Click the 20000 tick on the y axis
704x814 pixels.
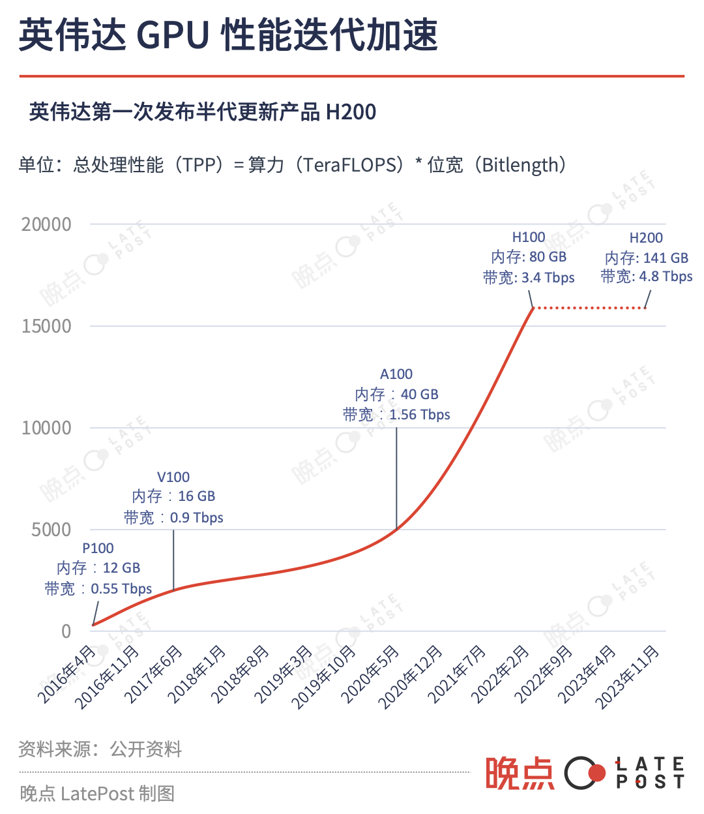tap(46, 224)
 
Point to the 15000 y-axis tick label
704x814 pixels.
tap(46, 326)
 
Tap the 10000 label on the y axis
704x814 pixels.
tap(46, 428)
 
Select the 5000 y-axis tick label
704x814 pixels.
tap(51, 530)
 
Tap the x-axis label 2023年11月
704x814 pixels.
tap(627, 677)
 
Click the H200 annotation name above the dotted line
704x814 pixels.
tap(646, 238)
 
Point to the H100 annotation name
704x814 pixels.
tap(529, 237)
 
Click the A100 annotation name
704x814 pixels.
tap(396, 374)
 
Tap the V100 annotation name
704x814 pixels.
tap(173, 477)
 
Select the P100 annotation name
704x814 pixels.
tap(98, 549)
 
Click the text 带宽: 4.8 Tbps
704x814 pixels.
tap(647, 277)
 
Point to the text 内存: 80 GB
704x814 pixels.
tap(529, 257)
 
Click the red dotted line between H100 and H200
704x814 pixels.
tap(590, 307)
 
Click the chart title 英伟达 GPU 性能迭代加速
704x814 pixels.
tap(228, 35)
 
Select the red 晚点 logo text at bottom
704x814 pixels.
tap(520, 774)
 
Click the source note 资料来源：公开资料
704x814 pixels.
tap(100, 749)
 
